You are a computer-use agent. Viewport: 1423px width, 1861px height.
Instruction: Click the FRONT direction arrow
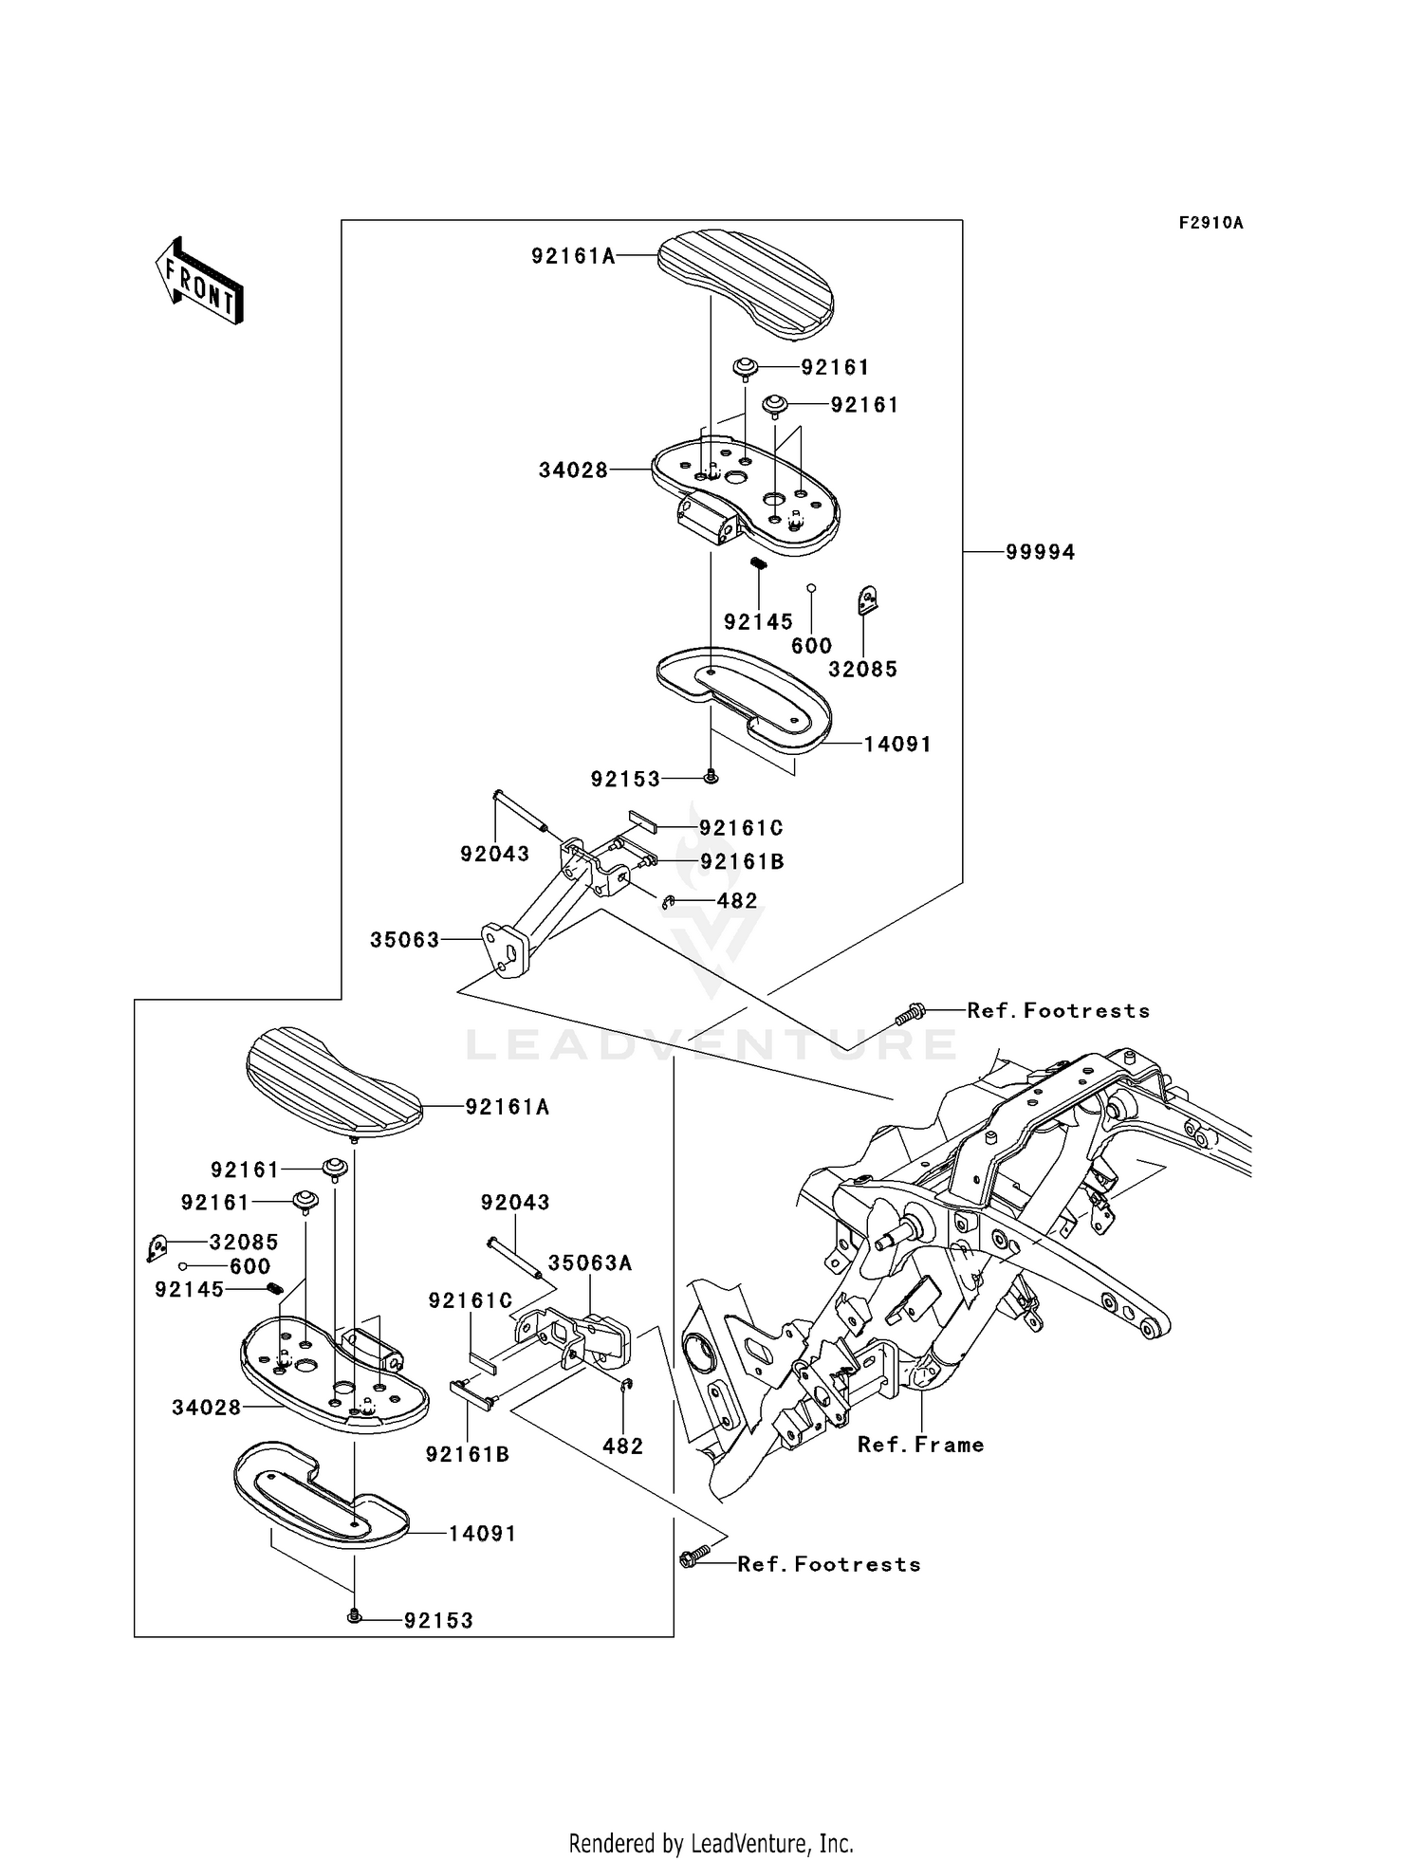(x=200, y=281)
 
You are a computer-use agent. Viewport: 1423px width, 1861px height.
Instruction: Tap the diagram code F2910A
(x=1210, y=223)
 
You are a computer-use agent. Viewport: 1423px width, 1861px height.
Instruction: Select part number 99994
(x=1041, y=552)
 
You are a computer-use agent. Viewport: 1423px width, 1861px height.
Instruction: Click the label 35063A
(x=590, y=1263)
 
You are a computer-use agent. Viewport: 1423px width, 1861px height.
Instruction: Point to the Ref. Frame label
(x=920, y=1445)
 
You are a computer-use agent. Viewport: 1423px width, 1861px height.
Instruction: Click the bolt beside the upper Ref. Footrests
(x=908, y=1014)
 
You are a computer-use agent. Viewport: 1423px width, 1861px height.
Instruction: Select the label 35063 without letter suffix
(x=405, y=940)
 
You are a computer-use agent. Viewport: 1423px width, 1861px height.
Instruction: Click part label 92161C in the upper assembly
(x=741, y=828)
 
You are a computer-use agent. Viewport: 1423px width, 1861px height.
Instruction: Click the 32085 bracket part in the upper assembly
(x=867, y=600)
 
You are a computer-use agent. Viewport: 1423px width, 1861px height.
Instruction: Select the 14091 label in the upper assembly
(x=897, y=745)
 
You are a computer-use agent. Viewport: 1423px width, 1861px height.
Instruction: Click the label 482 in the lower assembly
(x=623, y=1446)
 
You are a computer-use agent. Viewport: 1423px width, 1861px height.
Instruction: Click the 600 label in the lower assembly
(x=250, y=1266)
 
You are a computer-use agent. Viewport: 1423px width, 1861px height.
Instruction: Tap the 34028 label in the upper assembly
(x=573, y=470)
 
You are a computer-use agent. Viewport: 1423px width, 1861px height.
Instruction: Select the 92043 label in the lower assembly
(x=515, y=1203)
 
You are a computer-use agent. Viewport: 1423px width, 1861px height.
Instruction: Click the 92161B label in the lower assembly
(x=468, y=1454)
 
